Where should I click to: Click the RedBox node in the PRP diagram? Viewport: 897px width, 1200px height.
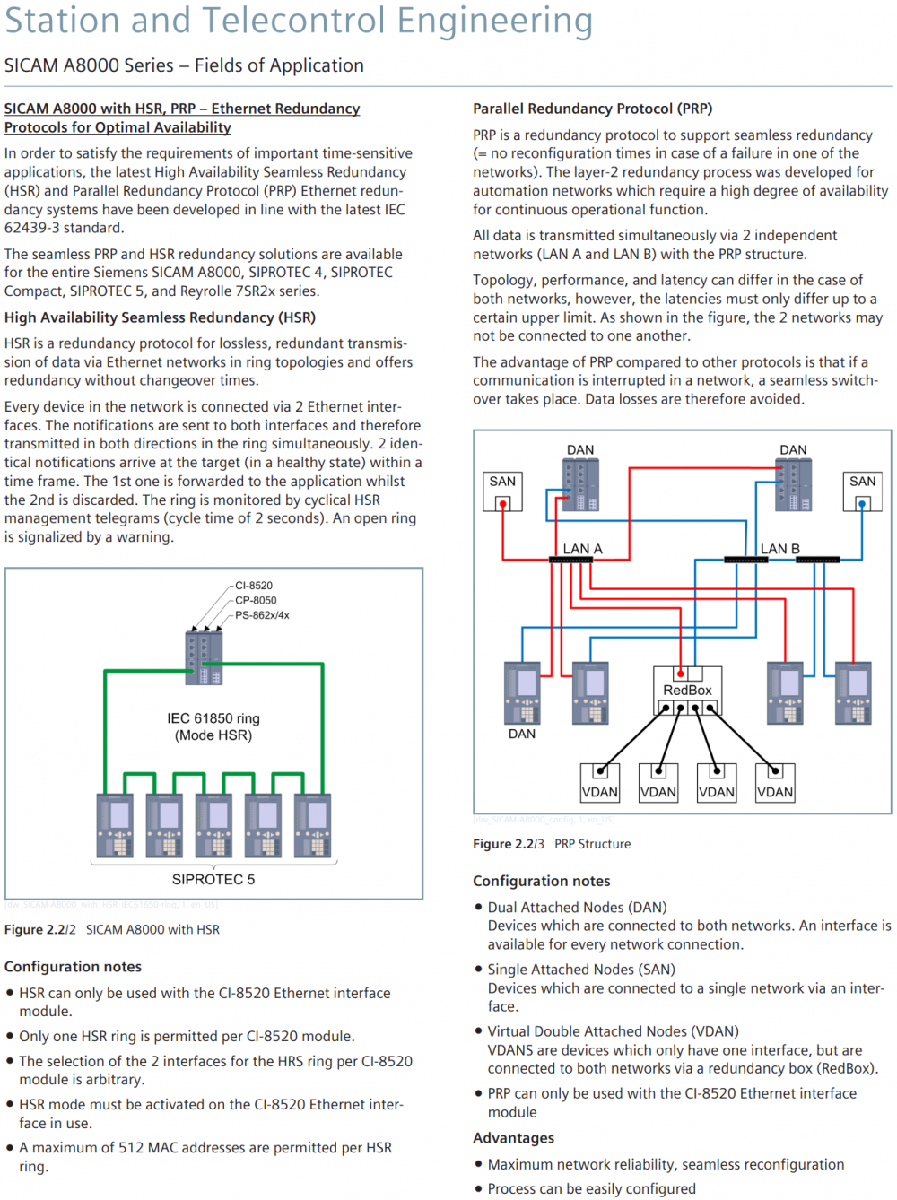[687, 690]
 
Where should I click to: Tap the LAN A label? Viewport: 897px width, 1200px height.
[582, 549]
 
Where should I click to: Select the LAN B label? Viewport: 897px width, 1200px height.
[779, 549]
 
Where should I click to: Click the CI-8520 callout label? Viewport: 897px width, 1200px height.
[254, 586]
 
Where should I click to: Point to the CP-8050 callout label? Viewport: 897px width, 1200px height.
[256, 601]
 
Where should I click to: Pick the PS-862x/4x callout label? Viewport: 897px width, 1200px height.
[262, 615]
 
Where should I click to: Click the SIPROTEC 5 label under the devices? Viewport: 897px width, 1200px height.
[213, 880]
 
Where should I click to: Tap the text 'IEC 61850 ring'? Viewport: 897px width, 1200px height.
[213, 718]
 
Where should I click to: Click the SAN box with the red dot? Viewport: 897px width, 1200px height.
[502, 491]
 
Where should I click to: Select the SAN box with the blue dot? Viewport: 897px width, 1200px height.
[862, 491]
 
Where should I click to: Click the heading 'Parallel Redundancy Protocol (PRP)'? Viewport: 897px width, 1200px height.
[592, 109]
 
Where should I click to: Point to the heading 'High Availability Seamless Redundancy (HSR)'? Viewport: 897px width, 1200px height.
[160, 317]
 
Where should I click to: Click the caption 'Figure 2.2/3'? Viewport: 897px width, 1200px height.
[508, 844]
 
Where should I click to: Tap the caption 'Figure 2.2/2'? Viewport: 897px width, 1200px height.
[40, 930]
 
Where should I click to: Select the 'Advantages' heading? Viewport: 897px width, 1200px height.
[513, 1138]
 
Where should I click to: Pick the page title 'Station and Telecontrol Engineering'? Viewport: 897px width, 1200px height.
[299, 22]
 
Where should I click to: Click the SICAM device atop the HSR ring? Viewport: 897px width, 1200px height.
[204, 657]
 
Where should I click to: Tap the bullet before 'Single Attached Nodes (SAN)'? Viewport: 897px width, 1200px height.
[478, 970]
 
